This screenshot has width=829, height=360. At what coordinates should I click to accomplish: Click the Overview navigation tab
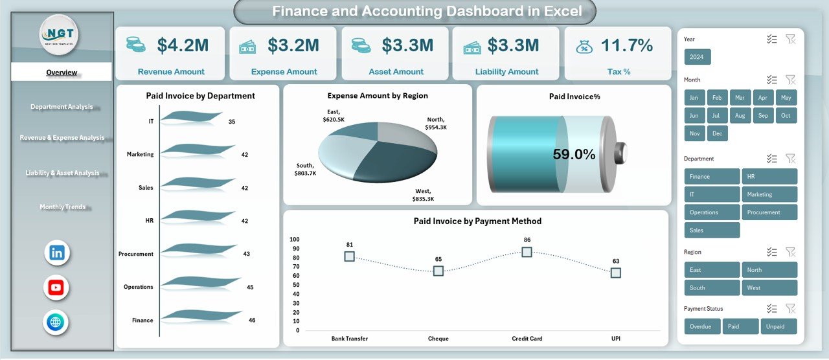62,73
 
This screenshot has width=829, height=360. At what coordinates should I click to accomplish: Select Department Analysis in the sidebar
62,107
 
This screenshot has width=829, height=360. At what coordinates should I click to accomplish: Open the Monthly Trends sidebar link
62,207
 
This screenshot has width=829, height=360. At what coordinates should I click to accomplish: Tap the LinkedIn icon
57,253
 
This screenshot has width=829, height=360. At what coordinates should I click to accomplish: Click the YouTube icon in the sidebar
56,287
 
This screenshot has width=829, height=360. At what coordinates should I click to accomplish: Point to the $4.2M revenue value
183,45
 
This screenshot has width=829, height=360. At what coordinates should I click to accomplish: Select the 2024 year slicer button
698,57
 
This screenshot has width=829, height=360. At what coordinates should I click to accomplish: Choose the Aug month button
740,115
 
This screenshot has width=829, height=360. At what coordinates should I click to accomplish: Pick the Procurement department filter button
769,212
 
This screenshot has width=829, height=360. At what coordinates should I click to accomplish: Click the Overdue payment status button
702,326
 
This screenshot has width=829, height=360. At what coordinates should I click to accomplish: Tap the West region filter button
769,287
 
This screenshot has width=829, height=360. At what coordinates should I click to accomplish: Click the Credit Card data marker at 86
527,252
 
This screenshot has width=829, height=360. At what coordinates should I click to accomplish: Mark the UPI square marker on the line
615,273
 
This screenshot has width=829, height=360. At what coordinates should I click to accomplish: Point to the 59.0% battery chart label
574,154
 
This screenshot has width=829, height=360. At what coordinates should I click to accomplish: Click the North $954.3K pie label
436,123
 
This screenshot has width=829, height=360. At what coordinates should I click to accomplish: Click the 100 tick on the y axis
294,239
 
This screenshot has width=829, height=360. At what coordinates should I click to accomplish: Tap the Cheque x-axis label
438,339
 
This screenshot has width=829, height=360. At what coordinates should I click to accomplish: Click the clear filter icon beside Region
790,252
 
